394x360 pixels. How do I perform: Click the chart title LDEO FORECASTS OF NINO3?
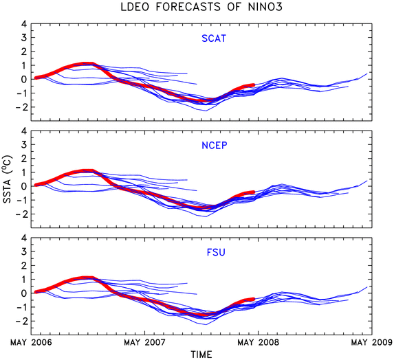tap(201, 7)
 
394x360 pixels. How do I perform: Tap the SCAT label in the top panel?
tap(214, 38)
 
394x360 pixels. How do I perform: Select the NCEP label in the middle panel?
tap(215, 146)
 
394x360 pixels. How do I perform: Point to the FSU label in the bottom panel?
tap(216, 252)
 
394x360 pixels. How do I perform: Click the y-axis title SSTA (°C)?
tap(8, 179)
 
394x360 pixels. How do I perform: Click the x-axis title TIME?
tap(201, 355)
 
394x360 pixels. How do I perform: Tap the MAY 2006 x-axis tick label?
tap(31, 342)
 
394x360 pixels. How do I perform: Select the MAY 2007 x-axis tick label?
tap(144, 342)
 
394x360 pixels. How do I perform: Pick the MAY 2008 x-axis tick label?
tap(259, 342)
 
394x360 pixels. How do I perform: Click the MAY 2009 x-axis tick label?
tap(372, 342)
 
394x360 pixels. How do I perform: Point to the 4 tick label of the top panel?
tap(23, 24)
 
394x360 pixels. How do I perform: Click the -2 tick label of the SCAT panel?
tap(21, 107)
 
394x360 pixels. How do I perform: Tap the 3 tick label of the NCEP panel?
tap(23, 144)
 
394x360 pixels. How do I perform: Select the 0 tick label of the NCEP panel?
tap(23, 186)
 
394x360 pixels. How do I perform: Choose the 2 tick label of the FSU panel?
tap(23, 265)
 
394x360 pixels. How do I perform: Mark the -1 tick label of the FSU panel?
tap(21, 307)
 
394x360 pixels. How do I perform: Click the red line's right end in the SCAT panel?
tap(254, 85)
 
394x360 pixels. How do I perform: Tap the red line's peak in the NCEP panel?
tap(87, 171)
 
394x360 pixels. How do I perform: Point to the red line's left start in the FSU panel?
tap(36, 292)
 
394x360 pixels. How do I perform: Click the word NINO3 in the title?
tap(265, 7)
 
